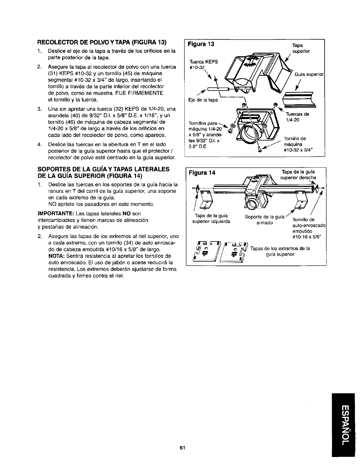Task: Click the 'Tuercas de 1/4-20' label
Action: click(x=297, y=117)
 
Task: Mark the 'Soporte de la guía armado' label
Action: click(x=264, y=220)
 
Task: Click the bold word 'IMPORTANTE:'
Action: click(x=55, y=213)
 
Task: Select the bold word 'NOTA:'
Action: click(x=56, y=256)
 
